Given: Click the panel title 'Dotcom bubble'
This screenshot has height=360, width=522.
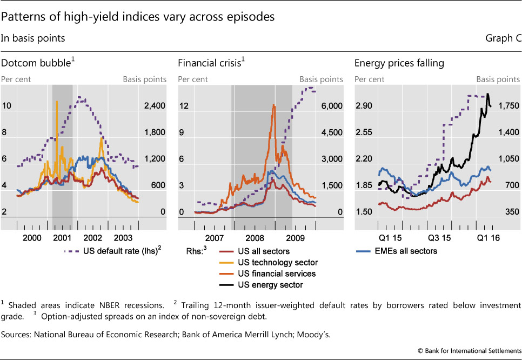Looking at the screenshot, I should coord(36,63).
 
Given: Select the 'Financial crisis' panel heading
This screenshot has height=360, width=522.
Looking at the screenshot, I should coord(210,63).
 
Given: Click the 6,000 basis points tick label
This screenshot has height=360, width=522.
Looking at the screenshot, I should coord(329,106).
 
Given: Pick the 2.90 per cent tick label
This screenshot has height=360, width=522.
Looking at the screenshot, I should coord(366,106).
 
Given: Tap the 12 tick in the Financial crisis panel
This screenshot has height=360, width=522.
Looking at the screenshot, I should coord(183,106).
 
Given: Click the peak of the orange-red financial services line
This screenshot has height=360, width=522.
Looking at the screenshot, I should coord(274,105).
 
